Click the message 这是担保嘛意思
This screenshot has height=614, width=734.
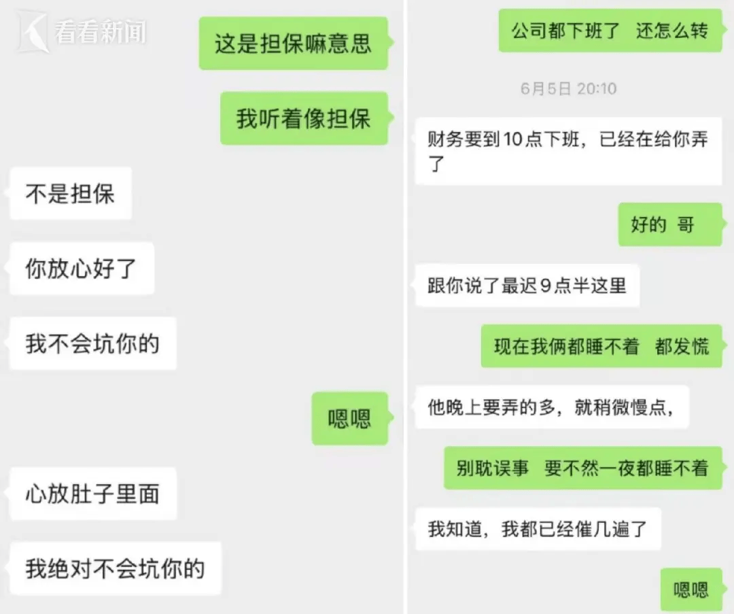click(294, 44)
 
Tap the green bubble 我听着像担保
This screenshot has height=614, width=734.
click(304, 118)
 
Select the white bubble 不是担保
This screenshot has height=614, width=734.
click(70, 193)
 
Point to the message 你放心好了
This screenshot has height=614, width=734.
click(82, 269)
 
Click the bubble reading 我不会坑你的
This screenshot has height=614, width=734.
click(92, 343)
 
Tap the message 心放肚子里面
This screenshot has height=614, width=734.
click(92, 494)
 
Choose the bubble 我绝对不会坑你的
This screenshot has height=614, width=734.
click(115, 568)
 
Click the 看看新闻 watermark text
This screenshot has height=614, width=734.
click(100, 32)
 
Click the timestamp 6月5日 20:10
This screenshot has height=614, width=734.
click(568, 88)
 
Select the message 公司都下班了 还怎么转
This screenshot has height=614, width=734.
click(610, 31)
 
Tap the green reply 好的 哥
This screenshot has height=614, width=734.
click(669, 225)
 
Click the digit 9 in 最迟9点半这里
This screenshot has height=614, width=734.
click(545, 286)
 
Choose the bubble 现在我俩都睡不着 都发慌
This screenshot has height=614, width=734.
click(601, 346)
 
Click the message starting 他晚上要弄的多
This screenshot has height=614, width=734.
click(552, 407)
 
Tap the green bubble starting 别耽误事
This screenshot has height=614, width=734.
click(583, 468)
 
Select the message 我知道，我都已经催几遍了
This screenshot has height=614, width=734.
click(538, 529)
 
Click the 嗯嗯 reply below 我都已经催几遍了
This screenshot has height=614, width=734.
click(691, 589)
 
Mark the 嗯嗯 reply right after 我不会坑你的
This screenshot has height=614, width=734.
click(350, 418)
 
